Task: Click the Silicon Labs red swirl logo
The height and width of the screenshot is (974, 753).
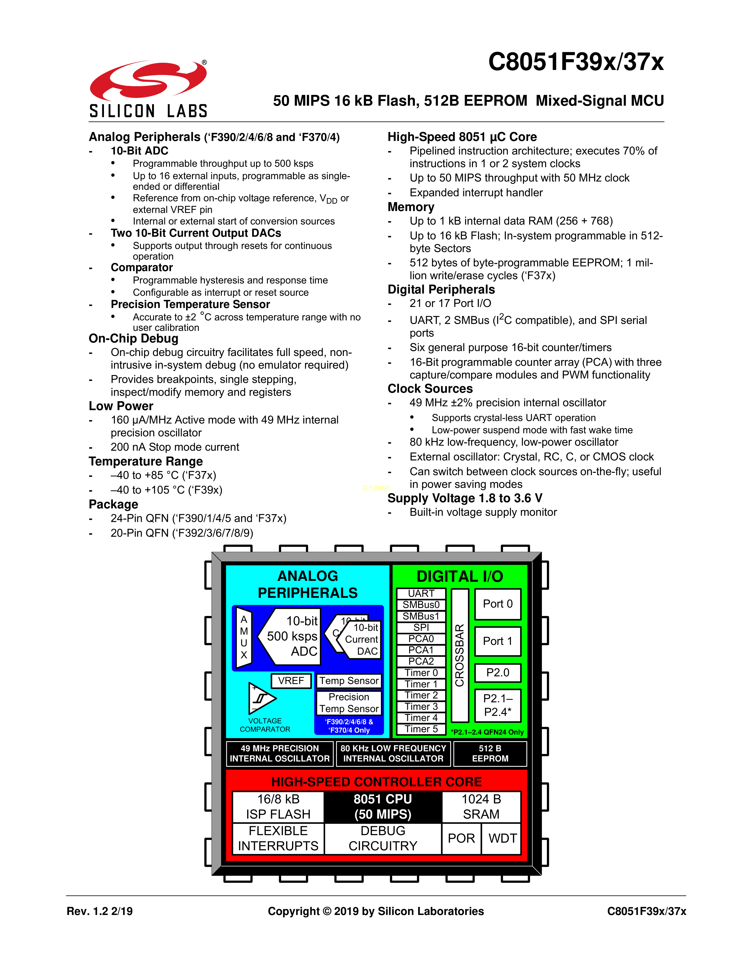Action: tap(148, 80)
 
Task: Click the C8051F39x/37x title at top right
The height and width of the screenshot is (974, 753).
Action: tap(576, 62)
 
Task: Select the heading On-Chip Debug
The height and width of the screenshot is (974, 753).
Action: tap(133, 339)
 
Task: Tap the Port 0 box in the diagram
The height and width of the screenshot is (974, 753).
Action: tap(498, 604)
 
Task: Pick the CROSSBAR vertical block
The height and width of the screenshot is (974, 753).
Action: tap(460, 655)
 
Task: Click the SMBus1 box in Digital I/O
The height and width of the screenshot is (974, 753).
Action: tap(421, 616)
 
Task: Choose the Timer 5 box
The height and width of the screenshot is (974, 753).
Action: tap(421, 729)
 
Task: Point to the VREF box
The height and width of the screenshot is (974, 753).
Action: tap(291, 681)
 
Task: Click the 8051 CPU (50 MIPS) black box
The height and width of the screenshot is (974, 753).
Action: tap(383, 807)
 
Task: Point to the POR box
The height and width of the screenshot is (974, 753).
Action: tap(461, 839)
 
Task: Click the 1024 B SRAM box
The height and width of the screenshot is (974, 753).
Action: tap(481, 807)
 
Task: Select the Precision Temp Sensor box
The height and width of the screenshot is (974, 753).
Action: tap(349, 703)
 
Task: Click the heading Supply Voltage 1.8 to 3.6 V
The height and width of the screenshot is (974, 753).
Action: tap(465, 498)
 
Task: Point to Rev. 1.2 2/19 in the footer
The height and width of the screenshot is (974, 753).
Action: tap(100, 911)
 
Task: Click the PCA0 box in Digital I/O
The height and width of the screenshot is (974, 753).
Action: tap(421, 639)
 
